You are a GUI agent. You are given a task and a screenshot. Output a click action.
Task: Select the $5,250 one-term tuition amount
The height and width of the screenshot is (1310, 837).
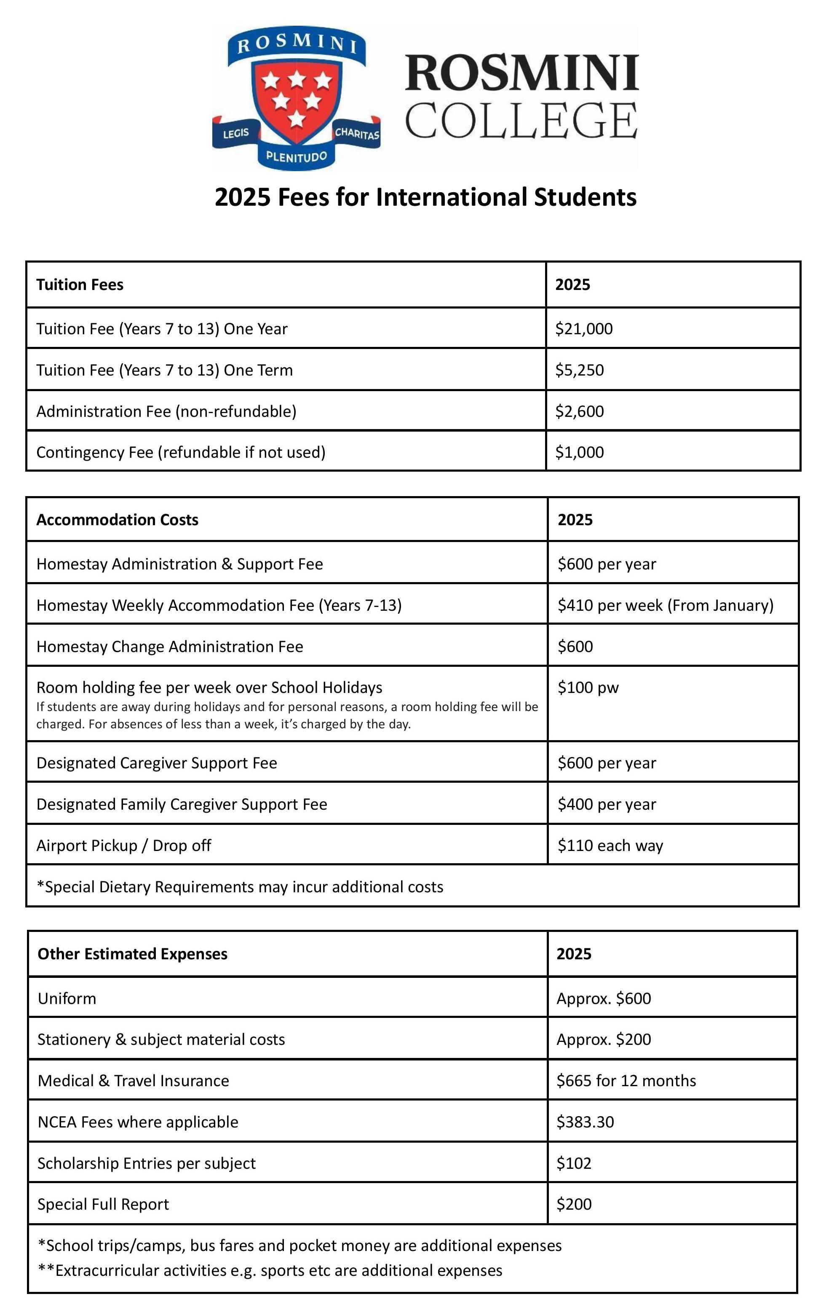(579, 370)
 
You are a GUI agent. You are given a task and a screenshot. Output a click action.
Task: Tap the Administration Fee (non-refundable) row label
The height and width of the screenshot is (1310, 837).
(166, 411)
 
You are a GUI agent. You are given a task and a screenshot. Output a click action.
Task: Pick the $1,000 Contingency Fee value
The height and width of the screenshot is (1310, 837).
(579, 453)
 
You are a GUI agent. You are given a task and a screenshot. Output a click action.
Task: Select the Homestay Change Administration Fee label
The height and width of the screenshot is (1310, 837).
(170, 647)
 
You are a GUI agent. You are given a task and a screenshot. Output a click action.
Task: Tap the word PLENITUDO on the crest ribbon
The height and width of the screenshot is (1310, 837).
(297, 157)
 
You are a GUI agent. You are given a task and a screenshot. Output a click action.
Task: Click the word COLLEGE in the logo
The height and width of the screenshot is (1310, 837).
(521, 121)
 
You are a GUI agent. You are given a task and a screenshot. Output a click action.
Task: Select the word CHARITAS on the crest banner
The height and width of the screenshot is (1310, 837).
(357, 133)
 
